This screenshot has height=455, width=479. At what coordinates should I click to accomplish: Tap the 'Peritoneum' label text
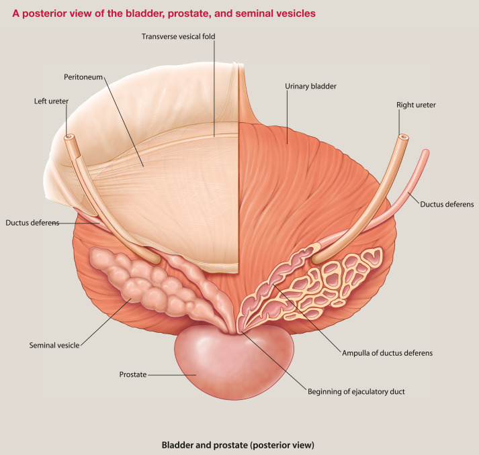[84, 77]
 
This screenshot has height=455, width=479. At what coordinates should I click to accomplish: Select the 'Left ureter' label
[50, 102]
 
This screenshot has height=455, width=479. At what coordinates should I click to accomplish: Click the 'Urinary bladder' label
[310, 87]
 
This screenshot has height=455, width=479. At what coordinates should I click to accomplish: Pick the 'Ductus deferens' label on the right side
[447, 204]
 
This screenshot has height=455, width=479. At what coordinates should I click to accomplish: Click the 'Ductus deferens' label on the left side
[32, 223]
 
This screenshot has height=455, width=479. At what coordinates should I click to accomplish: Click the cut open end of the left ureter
[69, 138]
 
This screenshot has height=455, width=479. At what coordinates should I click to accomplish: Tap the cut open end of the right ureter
[404, 138]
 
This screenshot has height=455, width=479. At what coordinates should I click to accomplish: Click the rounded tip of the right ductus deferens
[424, 152]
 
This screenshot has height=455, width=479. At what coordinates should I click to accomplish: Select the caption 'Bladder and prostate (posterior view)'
[238, 444]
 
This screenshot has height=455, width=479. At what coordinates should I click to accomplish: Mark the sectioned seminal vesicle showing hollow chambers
[336, 279]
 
